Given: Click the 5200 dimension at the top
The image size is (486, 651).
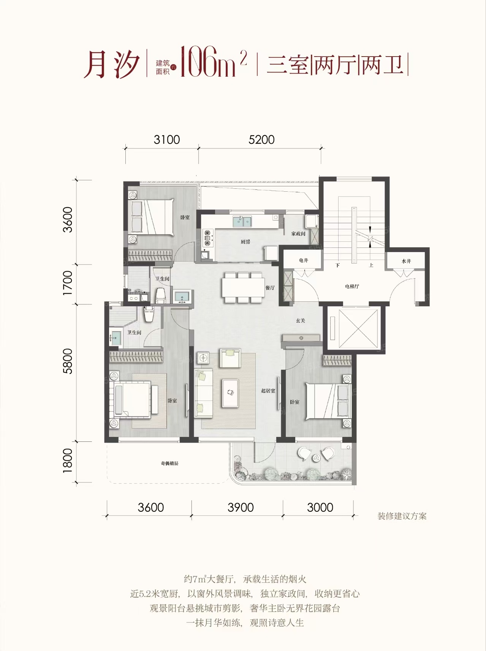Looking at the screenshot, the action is point(261,140).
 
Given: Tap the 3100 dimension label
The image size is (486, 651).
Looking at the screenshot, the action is point(167,140).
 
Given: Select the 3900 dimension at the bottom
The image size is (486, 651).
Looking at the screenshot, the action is point(241,507).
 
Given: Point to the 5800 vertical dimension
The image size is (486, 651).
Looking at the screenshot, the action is point(67,361).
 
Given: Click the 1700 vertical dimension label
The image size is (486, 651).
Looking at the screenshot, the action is point(67,283).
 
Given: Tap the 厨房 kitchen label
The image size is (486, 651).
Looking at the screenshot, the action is point(245,242).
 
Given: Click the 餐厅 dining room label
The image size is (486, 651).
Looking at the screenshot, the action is point(270,288).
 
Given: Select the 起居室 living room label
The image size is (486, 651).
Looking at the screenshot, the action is point(268,391).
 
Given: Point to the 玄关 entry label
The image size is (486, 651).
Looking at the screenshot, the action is point(301,320).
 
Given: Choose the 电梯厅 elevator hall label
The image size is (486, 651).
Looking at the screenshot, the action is point(352,286).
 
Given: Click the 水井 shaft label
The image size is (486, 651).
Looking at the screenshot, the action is point(406,261).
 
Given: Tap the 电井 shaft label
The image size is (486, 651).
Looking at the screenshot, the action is point(303,260).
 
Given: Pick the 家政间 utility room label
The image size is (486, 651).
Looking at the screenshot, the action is point(298,234).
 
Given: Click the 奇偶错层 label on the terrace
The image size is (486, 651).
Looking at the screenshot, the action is point(169,463).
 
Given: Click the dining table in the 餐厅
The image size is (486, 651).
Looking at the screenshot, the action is point(243,287).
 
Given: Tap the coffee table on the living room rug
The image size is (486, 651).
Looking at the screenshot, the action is point(231,393).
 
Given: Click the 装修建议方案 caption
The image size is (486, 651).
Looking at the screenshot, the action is point(402,516).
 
